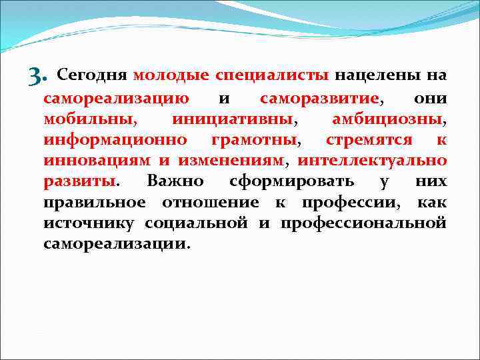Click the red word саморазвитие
pyautogui.click(x=319, y=99)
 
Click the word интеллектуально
pyautogui.click(x=371, y=161)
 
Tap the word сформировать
pyautogui.click(x=289, y=181)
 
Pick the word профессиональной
pyautogui.click(x=363, y=223)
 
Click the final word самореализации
pyautogui.click(x=117, y=243)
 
